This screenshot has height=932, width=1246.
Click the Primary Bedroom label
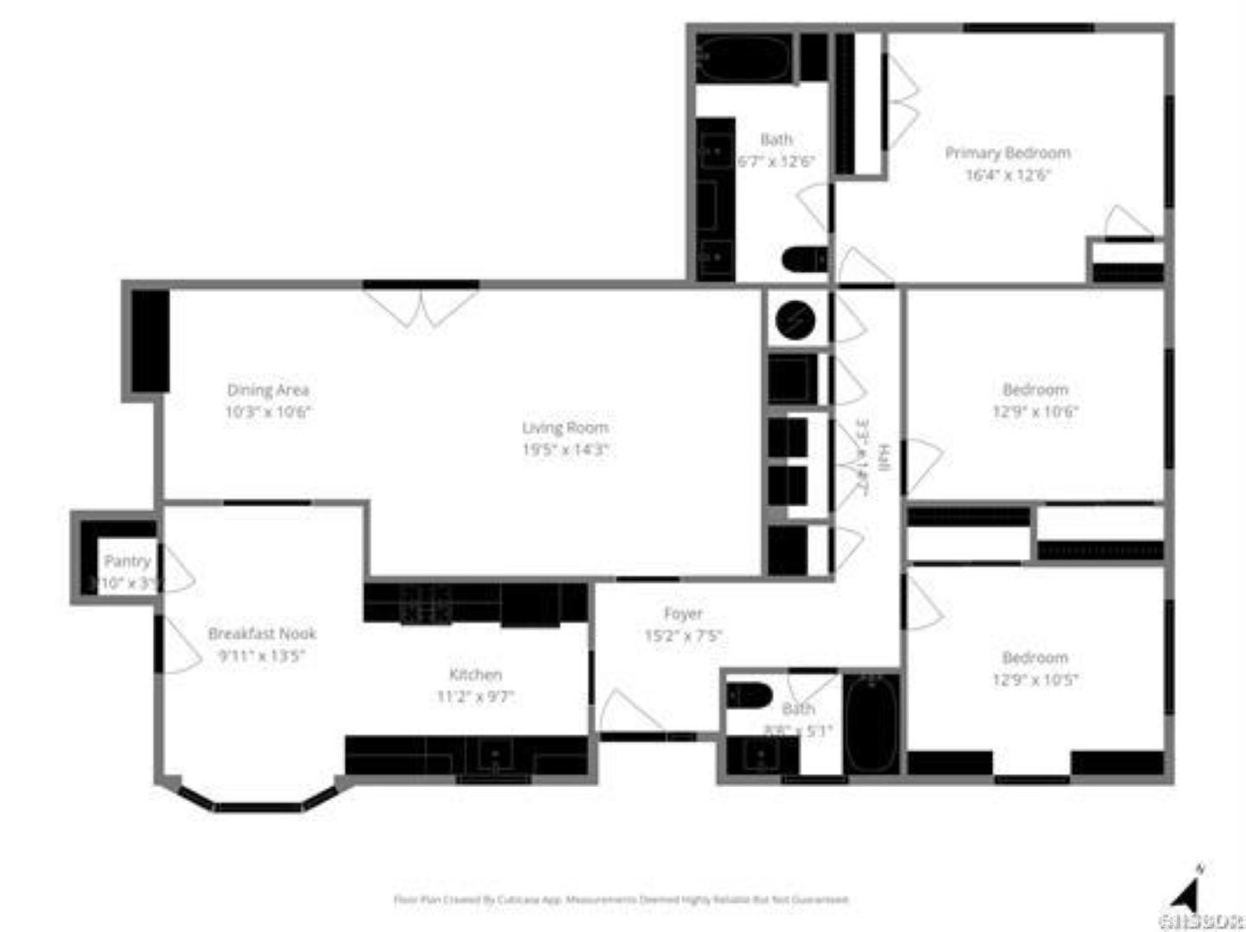click(1007, 153)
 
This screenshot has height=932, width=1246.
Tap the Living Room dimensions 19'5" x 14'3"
click(565, 450)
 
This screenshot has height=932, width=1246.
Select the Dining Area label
click(268, 390)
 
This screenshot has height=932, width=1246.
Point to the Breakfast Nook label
click(262, 633)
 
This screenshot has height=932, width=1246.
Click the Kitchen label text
click(475, 675)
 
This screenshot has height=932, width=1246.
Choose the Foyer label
click(682, 614)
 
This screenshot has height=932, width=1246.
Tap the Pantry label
click(127, 561)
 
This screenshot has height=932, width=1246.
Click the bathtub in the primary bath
click(743, 59)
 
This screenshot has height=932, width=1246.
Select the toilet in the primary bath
click(804, 259)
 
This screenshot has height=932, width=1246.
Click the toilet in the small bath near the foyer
click(749, 694)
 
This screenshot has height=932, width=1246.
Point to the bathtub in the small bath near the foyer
click(871, 724)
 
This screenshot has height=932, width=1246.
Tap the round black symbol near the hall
click(795, 320)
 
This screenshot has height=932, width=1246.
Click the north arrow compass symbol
click(1190, 892)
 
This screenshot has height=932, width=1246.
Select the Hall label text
click(882, 457)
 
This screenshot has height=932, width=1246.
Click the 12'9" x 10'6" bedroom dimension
click(1034, 412)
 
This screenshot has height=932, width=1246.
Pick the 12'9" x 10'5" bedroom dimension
click(1034, 679)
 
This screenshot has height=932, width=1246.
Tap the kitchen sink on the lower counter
click(495, 756)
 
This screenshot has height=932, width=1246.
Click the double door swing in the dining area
click(421, 307)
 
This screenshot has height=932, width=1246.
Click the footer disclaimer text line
click(621, 899)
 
